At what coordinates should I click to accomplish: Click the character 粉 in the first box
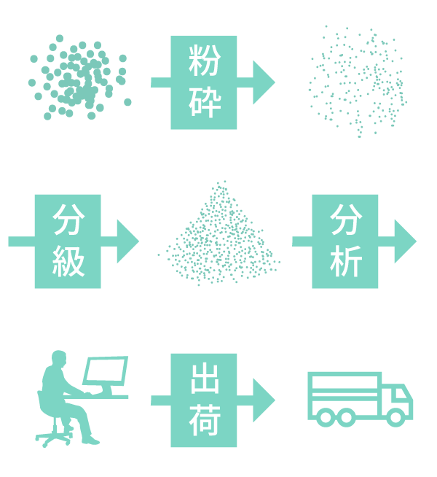click(204, 61)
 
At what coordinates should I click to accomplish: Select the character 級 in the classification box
click(68, 260)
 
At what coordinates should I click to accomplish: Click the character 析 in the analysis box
click(345, 260)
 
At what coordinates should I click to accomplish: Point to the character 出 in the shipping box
click(204, 378)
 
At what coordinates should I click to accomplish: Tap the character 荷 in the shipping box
click(204, 419)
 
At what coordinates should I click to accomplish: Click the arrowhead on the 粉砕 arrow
click(264, 82)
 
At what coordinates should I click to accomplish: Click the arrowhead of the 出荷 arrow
click(264, 400)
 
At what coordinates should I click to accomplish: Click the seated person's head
click(59, 360)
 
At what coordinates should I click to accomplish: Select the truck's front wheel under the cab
click(395, 417)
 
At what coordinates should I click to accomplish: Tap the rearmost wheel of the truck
click(326, 417)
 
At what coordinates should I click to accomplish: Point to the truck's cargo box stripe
click(345, 395)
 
